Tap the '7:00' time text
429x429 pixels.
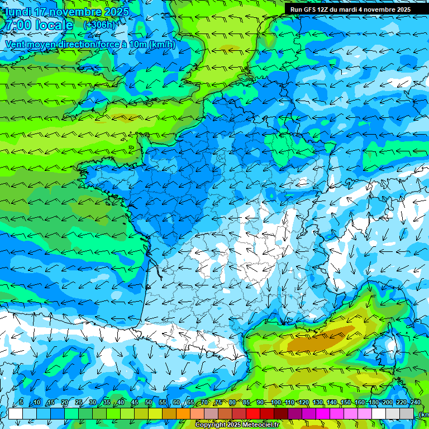point(17,25)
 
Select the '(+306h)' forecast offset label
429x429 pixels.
point(99,25)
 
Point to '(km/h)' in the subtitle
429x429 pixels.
point(163,44)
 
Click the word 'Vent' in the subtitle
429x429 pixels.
point(16,44)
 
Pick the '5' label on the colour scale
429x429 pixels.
point(21,403)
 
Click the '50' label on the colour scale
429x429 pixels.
point(149,403)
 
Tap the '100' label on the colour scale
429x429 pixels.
point(276,403)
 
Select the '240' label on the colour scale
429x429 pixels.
point(416,403)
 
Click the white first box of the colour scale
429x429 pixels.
point(16,413)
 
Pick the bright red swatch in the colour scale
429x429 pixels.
point(253,413)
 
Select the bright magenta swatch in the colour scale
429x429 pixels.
point(323,413)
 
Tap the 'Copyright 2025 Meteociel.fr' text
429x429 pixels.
point(237,425)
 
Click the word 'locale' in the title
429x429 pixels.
point(53,25)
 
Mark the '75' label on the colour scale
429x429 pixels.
point(218,403)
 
